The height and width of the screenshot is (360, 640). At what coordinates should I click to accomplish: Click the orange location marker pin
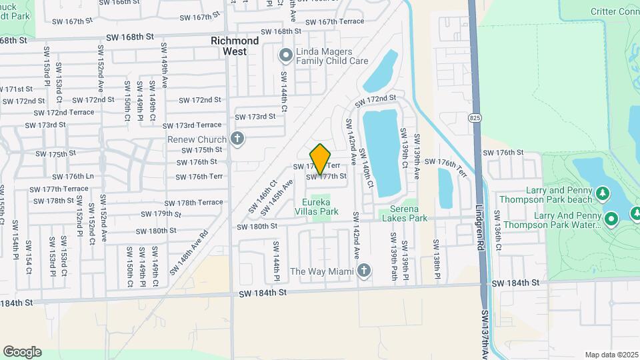click(321, 159)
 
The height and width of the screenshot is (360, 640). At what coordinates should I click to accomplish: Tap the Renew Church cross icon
click(236, 139)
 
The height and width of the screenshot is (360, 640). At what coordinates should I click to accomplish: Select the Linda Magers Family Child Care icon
click(286, 55)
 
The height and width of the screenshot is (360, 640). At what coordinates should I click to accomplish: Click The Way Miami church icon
click(363, 271)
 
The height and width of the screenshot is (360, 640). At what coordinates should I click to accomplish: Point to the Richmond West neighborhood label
click(235, 46)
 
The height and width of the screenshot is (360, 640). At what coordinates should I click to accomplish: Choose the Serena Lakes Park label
click(403, 213)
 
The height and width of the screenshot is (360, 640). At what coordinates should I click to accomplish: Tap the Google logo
click(22, 351)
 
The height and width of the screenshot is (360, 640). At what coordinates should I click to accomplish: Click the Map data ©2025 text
click(611, 355)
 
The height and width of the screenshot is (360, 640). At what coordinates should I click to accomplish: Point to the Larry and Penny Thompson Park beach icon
click(603, 193)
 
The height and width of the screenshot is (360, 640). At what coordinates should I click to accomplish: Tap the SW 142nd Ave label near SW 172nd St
click(350, 137)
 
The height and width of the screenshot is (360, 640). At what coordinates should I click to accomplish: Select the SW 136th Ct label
click(497, 226)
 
